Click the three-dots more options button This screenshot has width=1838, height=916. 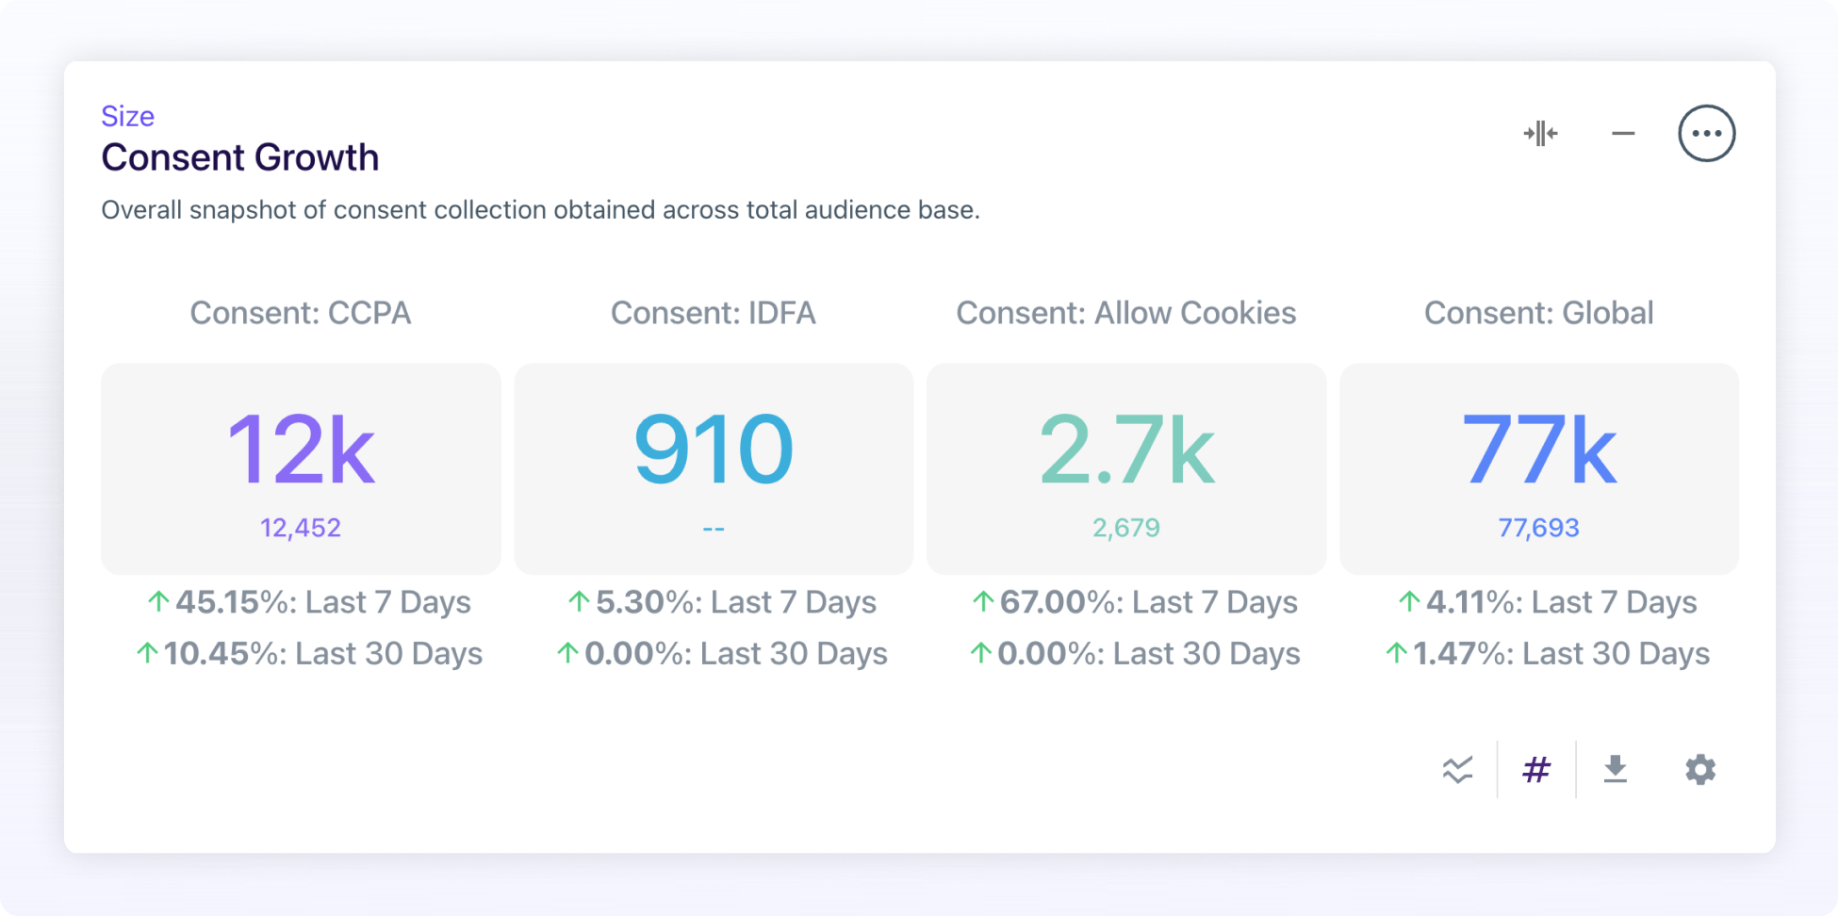click(x=1706, y=133)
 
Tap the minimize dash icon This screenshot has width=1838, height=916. click(x=1623, y=134)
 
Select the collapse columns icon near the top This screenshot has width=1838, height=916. click(x=1540, y=134)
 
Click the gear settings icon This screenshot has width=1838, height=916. click(x=1700, y=770)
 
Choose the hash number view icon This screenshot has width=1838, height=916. click(x=1536, y=770)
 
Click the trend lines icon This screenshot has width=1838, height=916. click(x=1457, y=770)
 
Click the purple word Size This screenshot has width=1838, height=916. click(x=127, y=116)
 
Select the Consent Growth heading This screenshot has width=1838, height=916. click(x=239, y=157)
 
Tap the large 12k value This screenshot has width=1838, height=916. click(x=301, y=450)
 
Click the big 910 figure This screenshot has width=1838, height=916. click(x=714, y=450)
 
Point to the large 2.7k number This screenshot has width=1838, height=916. click(x=1126, y=450)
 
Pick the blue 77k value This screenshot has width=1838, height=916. click(x=1538, y=450)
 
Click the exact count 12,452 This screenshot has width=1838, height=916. click(x=301, y=528)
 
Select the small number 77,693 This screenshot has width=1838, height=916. click(x=1538, y=528)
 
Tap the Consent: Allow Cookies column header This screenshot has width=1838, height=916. click(x=1125, y=313)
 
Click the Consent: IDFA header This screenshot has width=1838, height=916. click(x=713, y=313)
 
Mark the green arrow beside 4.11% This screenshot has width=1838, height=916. click(x=1408, y=601)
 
